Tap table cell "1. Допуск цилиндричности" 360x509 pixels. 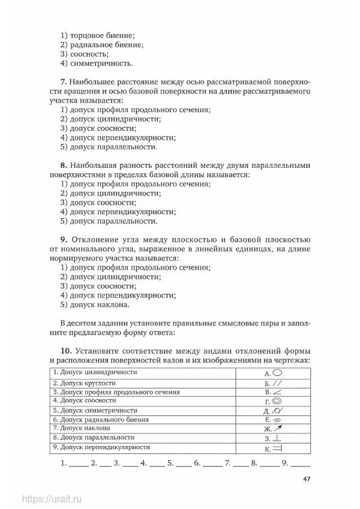95,372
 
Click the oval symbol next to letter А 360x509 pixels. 278,372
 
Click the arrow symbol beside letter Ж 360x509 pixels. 278,429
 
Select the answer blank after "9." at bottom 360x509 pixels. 301,464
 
